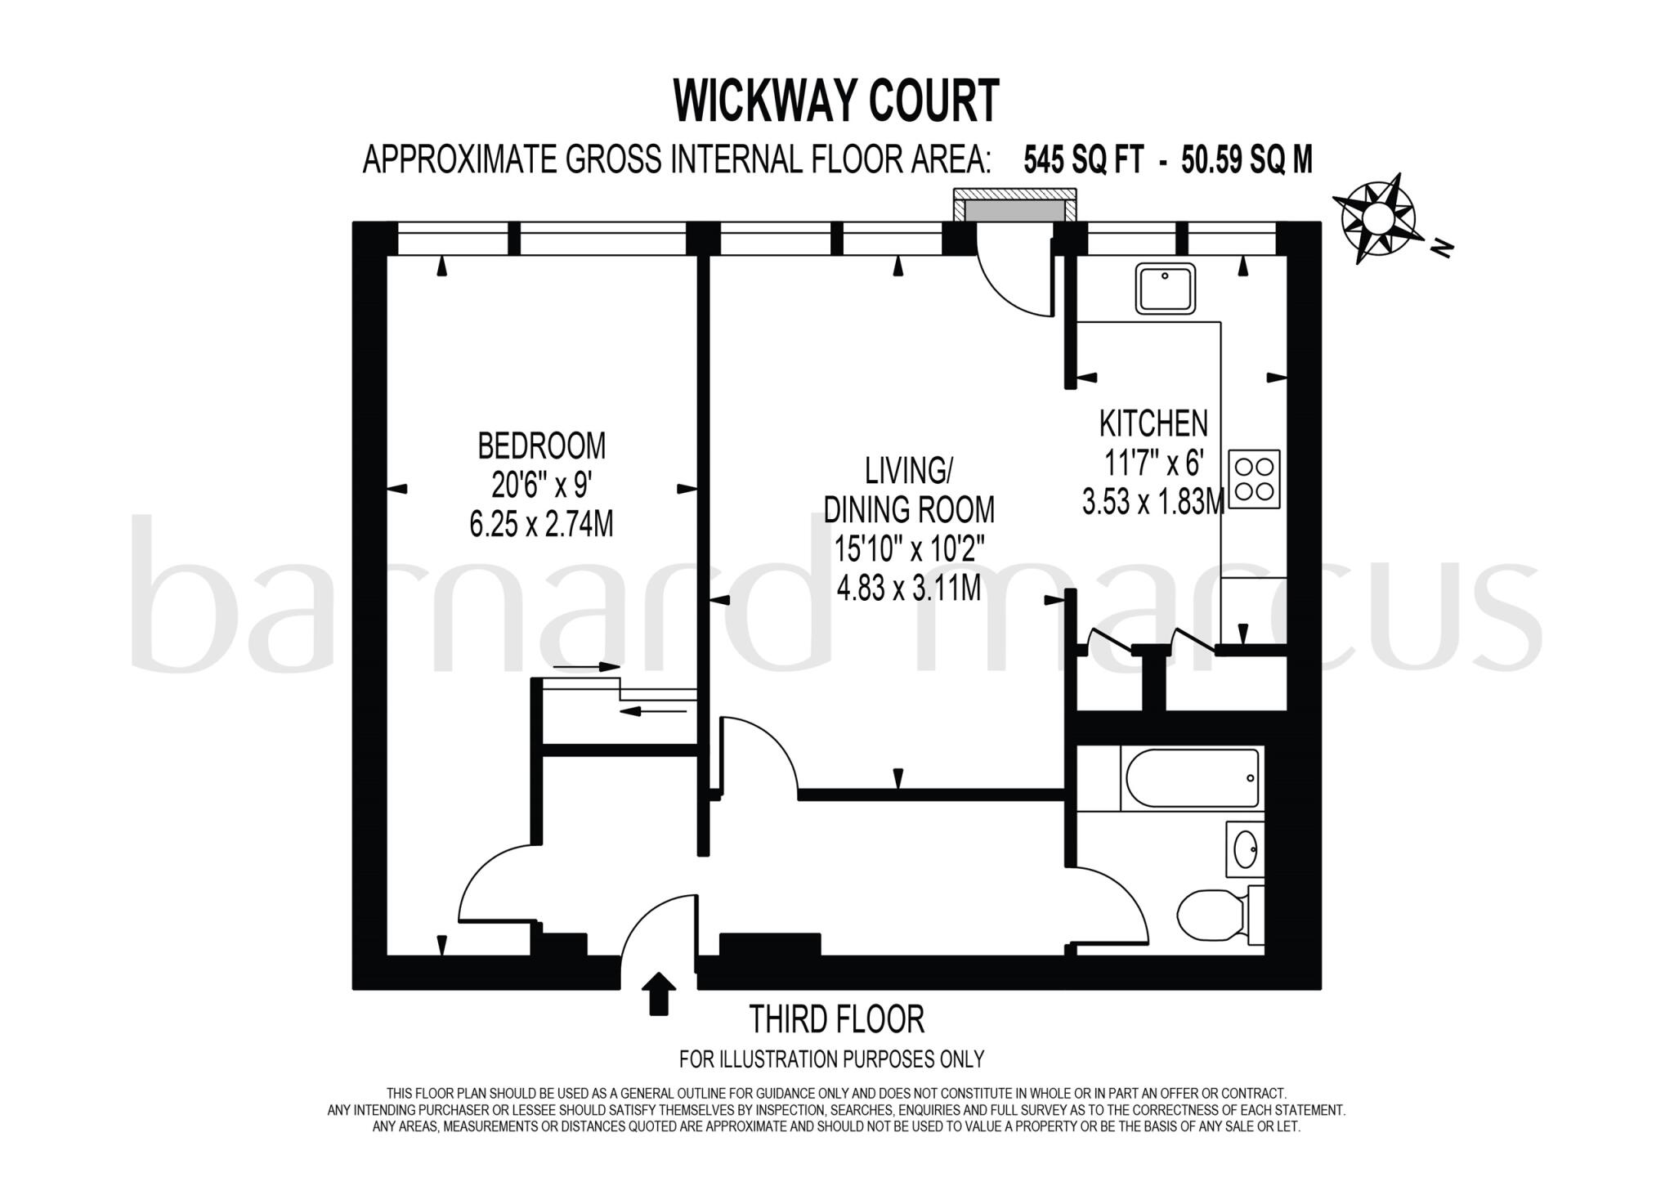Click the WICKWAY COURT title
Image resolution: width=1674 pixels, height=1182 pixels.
[836, 101]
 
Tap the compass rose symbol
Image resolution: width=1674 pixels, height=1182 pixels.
[1377, 218]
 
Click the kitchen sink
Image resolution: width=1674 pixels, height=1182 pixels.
[1165, 288]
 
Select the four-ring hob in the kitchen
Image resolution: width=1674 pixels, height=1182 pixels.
[1254, 479]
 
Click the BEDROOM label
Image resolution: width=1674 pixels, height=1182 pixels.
[541, 446]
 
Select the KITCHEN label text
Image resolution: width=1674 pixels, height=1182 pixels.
[1153, 423]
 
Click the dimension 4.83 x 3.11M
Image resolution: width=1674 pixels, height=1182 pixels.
[908, 588]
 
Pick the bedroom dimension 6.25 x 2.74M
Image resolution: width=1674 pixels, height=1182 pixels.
[541, 524]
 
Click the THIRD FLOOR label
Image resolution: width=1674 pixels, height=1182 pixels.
[836, 1019]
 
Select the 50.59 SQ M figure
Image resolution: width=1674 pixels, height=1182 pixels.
[1247, 160]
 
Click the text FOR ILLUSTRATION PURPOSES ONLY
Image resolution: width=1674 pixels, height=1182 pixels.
[831, 1059]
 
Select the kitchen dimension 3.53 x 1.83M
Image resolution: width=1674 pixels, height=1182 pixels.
[1153, 502]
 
